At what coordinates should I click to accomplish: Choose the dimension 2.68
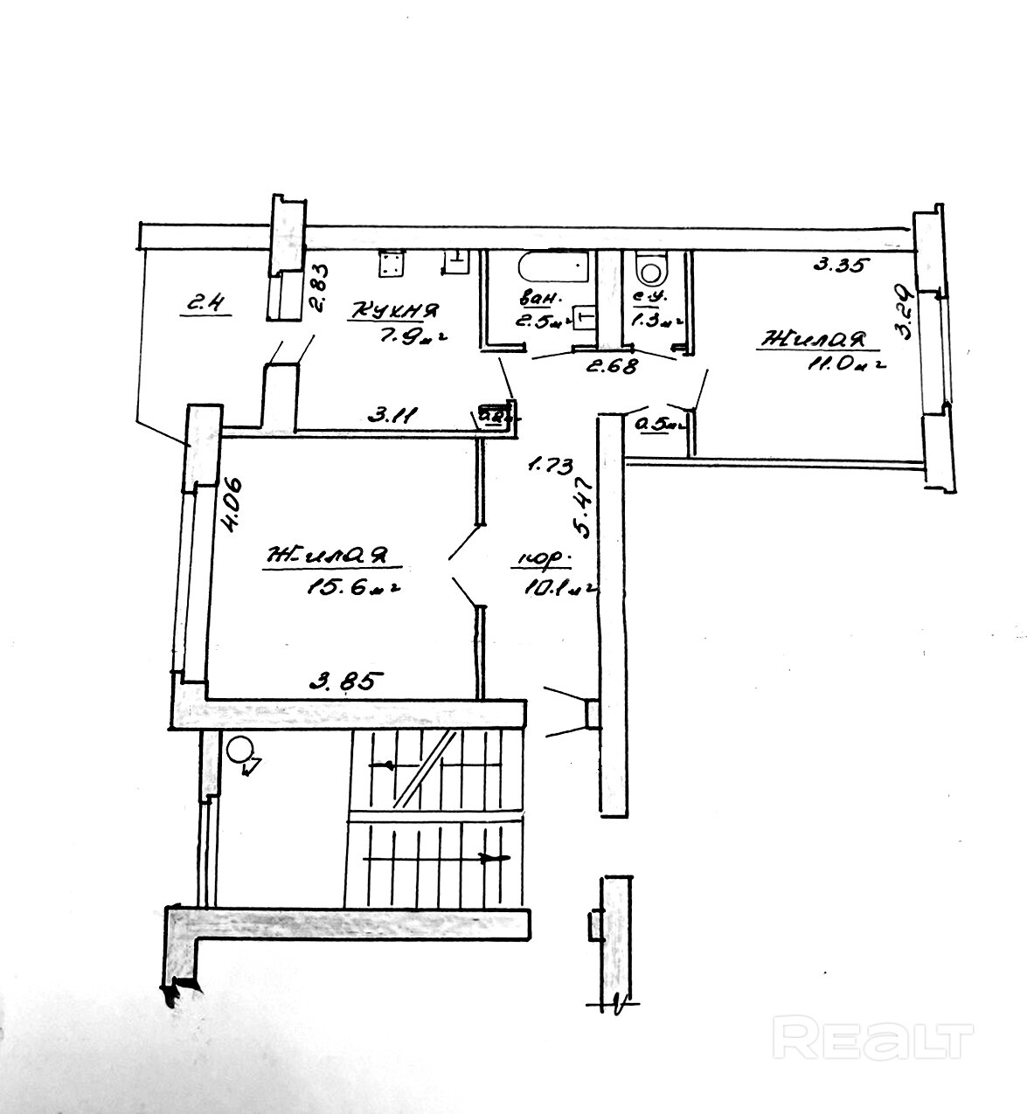coord(612,366)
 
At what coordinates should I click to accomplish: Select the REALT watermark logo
coord(875,1039)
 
